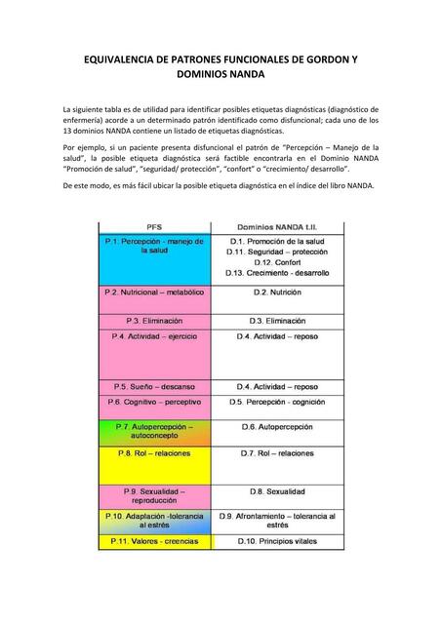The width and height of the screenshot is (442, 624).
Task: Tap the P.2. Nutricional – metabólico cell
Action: [154, 292]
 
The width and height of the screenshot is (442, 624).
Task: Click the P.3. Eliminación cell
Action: [154, 320]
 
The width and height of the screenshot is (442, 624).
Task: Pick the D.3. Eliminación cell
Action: [277, 320]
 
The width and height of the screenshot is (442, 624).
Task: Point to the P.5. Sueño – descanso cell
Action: [154, 386]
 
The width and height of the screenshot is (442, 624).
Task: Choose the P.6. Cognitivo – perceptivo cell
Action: [154, 402]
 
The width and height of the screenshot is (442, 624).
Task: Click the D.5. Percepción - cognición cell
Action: [277, 402]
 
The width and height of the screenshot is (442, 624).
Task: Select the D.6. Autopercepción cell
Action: [277, 427]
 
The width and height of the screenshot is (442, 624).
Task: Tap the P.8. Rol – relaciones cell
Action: [154, 453]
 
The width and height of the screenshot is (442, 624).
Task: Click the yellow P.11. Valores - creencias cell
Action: [154, 540]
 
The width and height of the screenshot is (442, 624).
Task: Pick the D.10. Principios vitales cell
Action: [277, 540]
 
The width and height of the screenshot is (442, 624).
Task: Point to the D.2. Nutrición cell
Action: [277, 292]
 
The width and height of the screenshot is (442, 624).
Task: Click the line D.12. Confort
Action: [277, 262]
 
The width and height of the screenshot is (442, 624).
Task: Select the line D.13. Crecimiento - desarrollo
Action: [277, 273]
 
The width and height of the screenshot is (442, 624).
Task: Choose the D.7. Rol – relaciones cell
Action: [277, 453]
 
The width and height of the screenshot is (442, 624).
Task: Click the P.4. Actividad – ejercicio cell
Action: [154, 336]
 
